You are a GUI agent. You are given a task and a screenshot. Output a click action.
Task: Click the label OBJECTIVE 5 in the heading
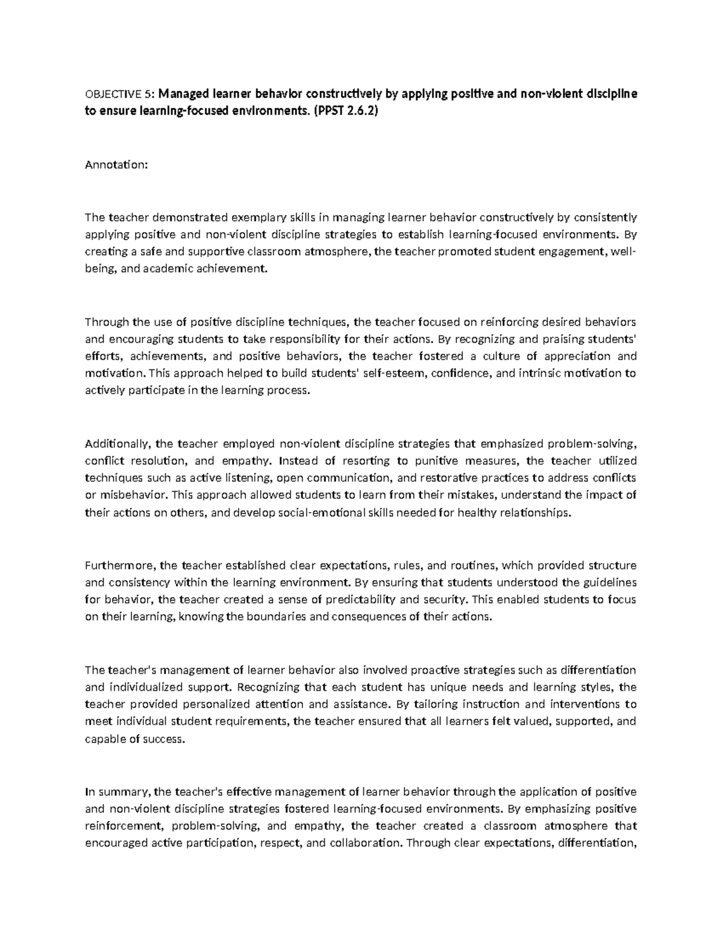tap(119, 94)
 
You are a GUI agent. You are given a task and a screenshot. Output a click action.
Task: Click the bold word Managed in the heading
tap(184, 94)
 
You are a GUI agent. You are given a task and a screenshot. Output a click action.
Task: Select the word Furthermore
tap(120, 565)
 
